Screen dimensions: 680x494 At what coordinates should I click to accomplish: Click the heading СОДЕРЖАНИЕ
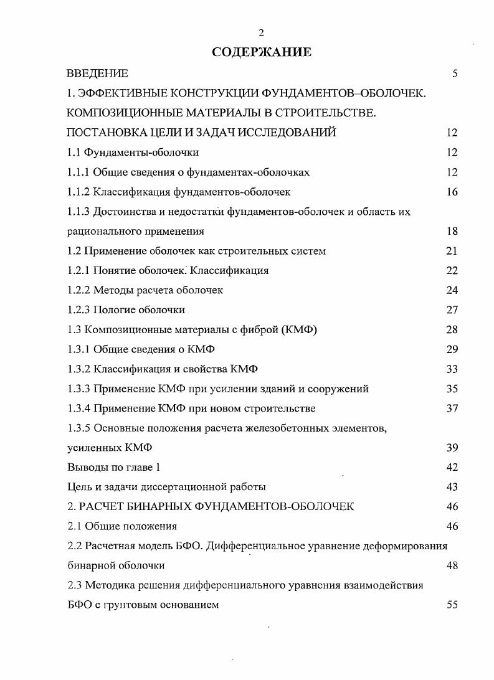click(262, 52)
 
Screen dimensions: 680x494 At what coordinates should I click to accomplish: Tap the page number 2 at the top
click(261, 33)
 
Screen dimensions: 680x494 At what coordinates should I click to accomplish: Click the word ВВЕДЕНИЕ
click(97, 73)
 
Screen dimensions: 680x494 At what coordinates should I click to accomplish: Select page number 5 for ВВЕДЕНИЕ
click(455, 73)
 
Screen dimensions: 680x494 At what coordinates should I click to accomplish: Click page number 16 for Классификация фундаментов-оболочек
click(452, 192)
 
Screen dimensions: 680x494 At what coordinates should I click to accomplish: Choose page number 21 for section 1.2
click(452, 251)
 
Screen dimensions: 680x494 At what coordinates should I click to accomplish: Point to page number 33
click(452, 369)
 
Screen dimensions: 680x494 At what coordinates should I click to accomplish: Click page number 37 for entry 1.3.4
click(452, 408)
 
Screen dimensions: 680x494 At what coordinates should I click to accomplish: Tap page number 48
click(452, 565)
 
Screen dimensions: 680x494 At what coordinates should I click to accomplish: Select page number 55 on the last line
click(452, 605)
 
